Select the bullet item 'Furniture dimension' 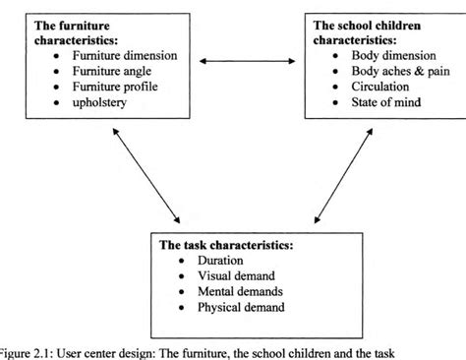click(123, 54)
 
